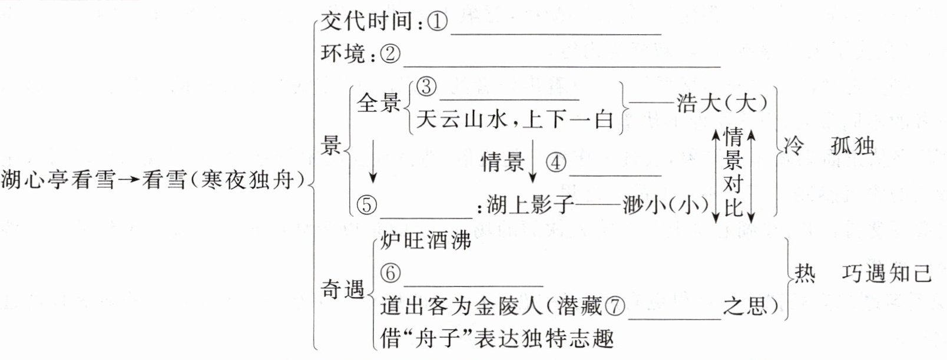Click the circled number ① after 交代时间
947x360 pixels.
pos(438,22)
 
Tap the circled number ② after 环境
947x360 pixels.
pos(390,54)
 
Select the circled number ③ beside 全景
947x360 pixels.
pos(426,87)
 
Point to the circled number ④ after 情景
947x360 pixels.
pos(556,162)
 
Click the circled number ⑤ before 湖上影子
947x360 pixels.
pos(367,205)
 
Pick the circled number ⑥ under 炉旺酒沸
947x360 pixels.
pos(390,273)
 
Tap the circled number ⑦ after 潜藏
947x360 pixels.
pos(614,305)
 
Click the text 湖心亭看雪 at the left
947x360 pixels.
pos(58,179)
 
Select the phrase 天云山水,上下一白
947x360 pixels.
pos(515,120)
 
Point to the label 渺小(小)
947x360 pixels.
pos(665,205)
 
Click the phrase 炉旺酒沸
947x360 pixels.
pos(426,240)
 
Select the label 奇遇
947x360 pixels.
pos(342,289)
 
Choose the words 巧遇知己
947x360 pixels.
pos(886,273)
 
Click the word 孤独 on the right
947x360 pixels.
pos(853,146)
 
